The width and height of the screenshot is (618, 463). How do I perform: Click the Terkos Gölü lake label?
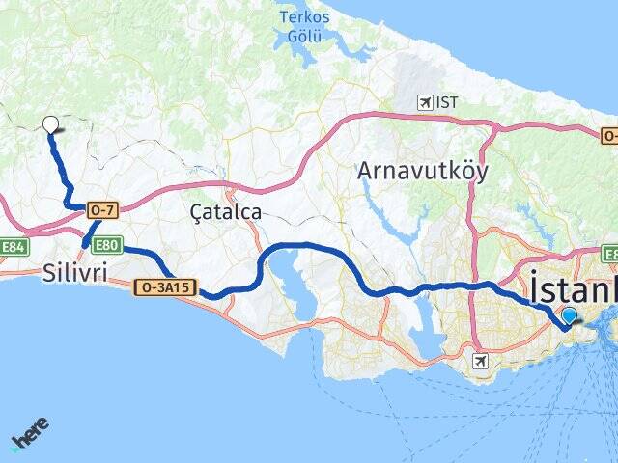pyautogui.click(x=303, y=27)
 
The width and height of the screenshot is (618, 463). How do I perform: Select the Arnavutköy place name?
pyautogui.click(x=422, y=171)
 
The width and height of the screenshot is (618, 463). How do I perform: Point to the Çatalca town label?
pyautogui.click(x=226, y=211)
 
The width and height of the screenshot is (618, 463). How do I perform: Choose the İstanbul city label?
pyautogui.click(x=573, y=289)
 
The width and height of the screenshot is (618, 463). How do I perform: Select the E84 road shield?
pyautogui.click(x=13, y=247)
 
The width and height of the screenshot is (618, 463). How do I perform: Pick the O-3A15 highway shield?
pyautogui.click(x=166, y=286)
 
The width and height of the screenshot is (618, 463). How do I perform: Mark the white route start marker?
pyautogui.click(x=50, y=123)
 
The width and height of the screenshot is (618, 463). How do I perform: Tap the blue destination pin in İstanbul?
pyautogui.click(x=569, y=315)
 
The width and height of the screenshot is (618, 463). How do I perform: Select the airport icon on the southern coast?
pyautogui.click(x=481, y=360)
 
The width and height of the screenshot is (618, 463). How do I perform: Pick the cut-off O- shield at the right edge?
pyautogui.click(x=609, y=136)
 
